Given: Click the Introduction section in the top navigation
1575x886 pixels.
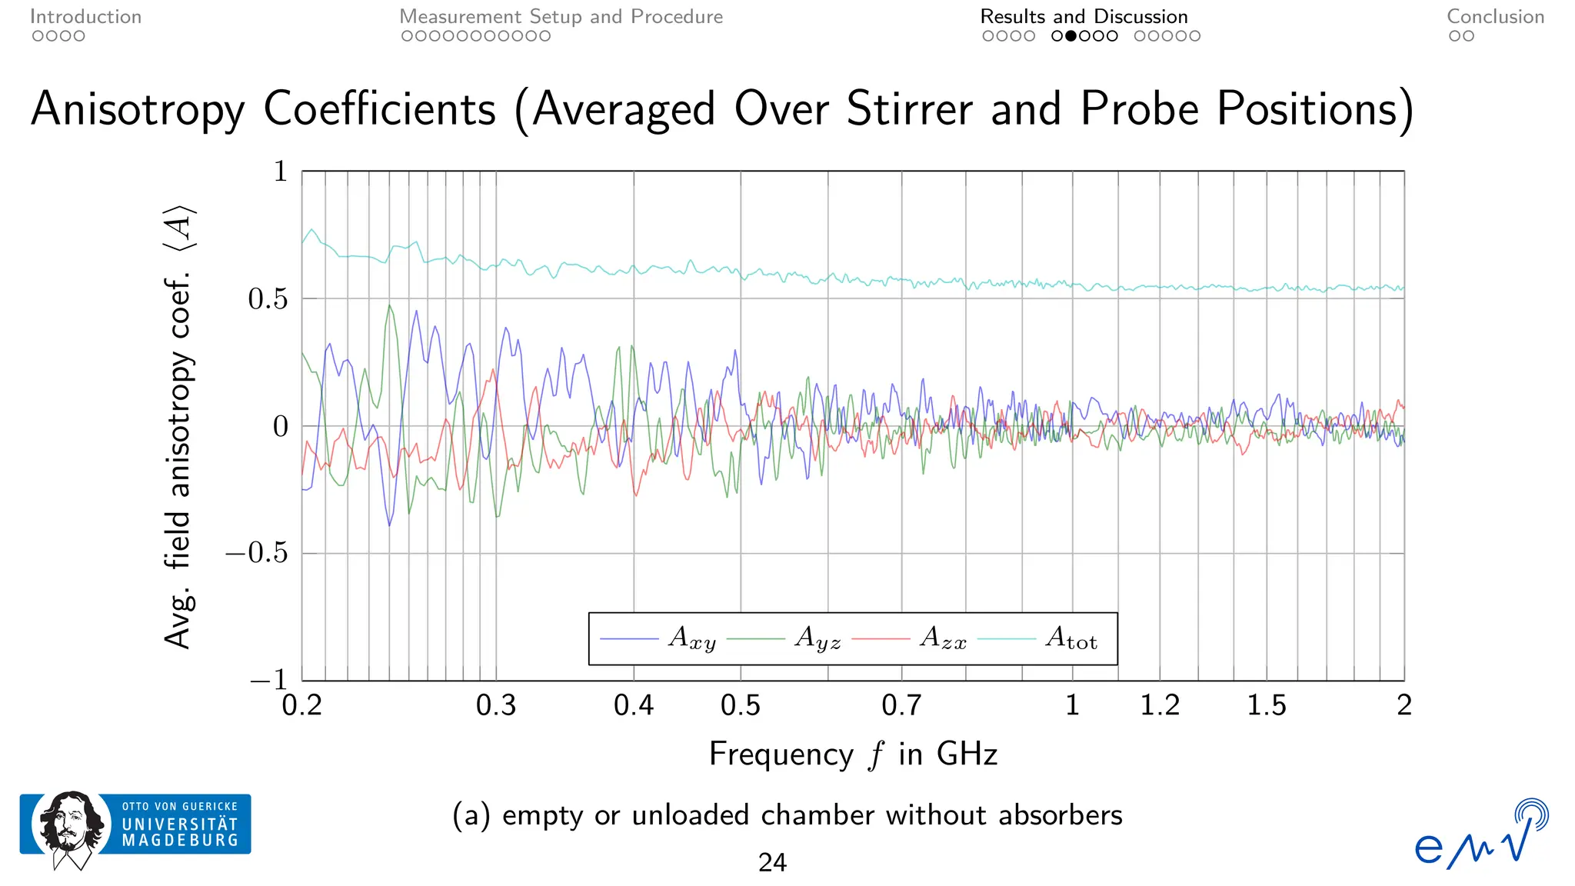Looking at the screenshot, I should coord(85,17).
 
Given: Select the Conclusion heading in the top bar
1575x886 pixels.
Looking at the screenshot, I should coord(1495,17).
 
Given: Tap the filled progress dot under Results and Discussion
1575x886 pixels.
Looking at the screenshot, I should coord(1071,36).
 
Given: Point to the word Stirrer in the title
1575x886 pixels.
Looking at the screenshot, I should coord(910,109).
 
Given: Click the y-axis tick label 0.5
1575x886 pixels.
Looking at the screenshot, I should coord(268,299).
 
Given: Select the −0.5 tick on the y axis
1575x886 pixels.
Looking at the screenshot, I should coord(257,554).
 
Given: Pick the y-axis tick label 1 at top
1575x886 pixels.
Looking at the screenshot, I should coord(281,172).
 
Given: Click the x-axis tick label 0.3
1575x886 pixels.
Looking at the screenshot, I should coord(496,705).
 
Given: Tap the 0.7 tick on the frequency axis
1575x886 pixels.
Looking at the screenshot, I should coord(901,705).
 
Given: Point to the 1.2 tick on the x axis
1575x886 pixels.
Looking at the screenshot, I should coord(1160,705).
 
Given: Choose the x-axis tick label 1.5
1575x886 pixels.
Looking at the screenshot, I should coord(1266,705).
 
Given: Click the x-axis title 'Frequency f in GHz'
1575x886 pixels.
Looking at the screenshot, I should coord(853,754).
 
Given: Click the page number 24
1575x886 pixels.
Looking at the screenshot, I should coord(772,863).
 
